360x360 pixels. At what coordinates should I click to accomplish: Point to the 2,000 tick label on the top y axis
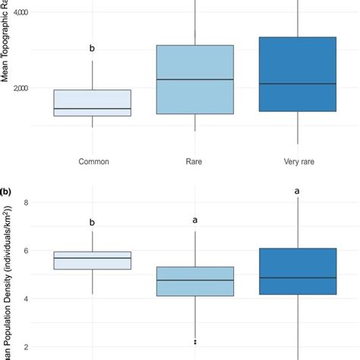coord(36,88)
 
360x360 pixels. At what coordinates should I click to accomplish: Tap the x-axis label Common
coord(93,161)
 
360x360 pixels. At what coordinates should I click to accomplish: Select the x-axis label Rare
coord(195,161)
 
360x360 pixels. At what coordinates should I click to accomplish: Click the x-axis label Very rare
coord(297,161)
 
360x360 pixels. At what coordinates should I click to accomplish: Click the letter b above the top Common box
coord(93,49)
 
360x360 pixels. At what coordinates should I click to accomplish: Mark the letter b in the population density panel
coord(93,223)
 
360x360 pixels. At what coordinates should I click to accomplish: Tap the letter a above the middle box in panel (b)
coord(195,220)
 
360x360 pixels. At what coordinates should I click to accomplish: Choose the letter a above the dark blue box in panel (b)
coord(297,192)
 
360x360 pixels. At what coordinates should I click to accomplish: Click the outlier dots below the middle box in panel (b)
coord(195,343)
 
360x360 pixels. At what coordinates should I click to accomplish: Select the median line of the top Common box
coord(93,109)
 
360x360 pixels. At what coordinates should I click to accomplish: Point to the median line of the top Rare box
coord(195,80)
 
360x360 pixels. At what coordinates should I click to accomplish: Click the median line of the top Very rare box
coord(297,84)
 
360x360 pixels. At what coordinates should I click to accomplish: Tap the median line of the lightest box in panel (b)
coord(93,258)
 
